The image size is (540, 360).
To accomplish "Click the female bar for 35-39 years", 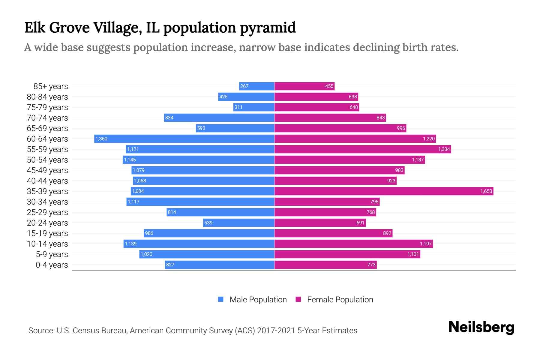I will click(x=384, y=191).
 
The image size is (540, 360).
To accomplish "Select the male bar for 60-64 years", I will click(x=184, y=139).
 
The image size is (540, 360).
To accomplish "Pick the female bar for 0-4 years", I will click(x=325, y=265).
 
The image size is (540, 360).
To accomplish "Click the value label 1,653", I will click(x=486, y=191).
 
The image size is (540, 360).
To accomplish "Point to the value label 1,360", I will click(x=101, y=139).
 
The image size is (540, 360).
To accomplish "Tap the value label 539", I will click(x=208, y=223).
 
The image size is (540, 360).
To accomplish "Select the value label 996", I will click(x=401, y=128).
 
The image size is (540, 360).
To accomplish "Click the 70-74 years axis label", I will click(x=47, y=118).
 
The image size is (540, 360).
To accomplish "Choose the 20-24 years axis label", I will click(x=47, y=223).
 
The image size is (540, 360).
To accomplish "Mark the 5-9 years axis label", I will click(x=52, y=254).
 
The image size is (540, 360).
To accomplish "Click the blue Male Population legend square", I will click(x=221, y=299).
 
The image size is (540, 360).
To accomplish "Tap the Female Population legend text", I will click(x=340, y=299).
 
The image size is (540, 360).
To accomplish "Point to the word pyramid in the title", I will click(x=268, y=28).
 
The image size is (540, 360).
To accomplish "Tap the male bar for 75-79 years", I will click(x=254, y=107).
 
